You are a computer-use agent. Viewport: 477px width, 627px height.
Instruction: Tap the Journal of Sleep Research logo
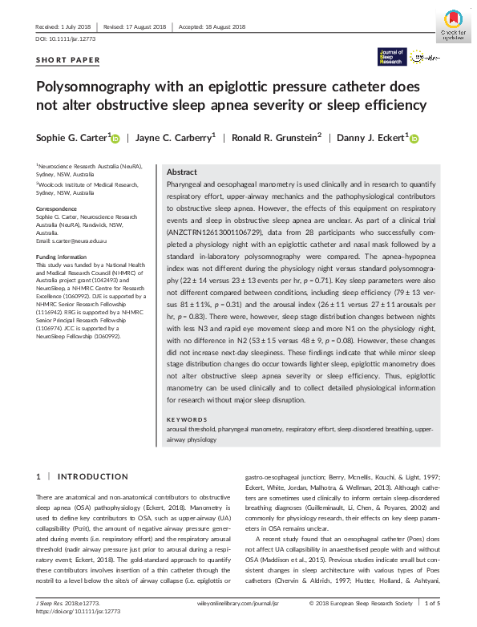click(392, 56)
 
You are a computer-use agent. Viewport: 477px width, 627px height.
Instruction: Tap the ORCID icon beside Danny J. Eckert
click(414, 139)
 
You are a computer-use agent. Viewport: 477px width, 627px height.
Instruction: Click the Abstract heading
click(182, 172)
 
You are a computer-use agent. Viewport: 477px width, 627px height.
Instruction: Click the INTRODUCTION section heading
click(83, 476)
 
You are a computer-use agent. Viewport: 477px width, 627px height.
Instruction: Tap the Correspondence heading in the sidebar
click(56, 208)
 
